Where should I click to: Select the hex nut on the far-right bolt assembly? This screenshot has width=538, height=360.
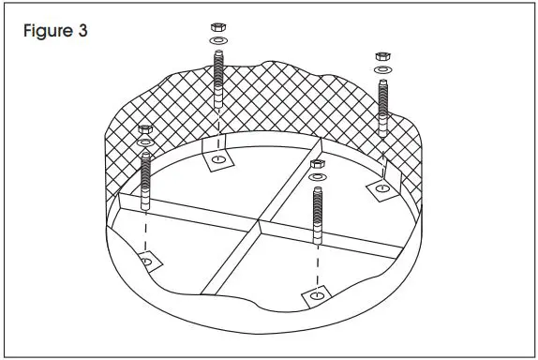pyautogui.click(x=382, y=56)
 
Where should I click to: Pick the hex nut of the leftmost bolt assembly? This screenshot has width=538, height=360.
pyautogui.click(x=144, y=127)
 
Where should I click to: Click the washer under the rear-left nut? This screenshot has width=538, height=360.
pyautogui.click(x=217, y=41)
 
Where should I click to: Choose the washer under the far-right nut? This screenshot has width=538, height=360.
pyautogui.click(x=382, y=70)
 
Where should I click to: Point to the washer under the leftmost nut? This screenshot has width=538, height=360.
pyautogui.click(x=144, y=141)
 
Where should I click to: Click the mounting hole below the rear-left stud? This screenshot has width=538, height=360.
pyautogui.click(x=217, y=161)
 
